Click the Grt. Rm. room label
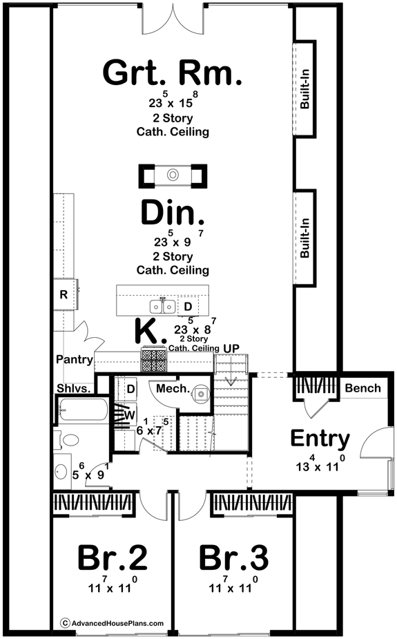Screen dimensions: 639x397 click(x=173, y=73)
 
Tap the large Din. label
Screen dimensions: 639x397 click(x=173, y=213)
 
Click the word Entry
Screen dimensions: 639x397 click(x=320, y=439)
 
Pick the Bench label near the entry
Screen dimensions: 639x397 click(x=362, y=388)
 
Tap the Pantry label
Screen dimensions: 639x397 click(x=75, y=359)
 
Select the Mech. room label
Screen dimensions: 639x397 click(x=172, y=390)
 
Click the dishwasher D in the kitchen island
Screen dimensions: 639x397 click(x=188, y=305)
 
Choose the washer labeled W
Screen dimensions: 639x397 click(x=129, y=415)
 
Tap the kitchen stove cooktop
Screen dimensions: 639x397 click(x=153, y=360)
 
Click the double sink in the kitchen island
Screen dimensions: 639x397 click(x=162, y=305)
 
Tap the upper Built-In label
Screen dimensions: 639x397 click(x=304, y=90)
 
